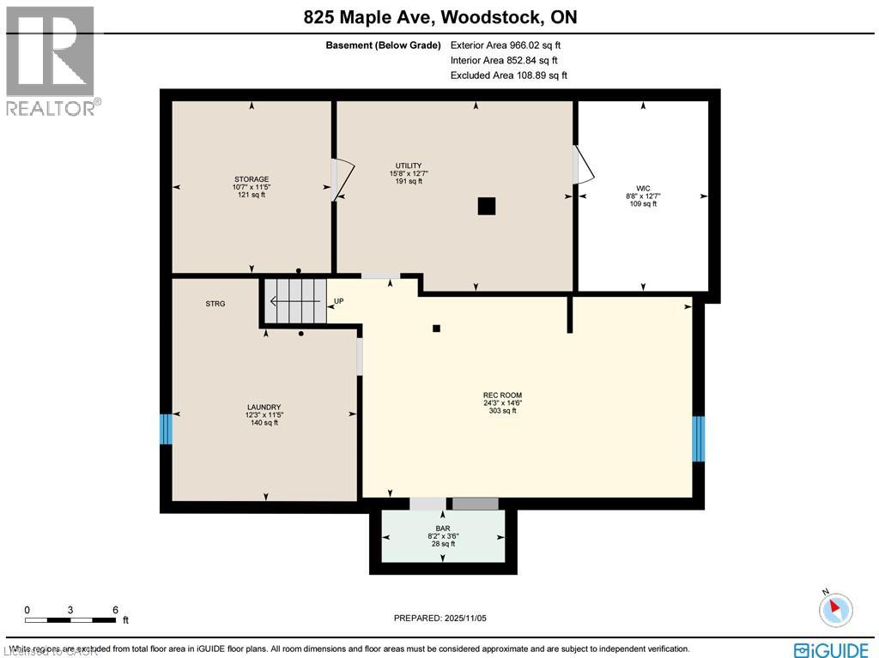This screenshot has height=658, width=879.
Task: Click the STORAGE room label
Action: click(252, 187)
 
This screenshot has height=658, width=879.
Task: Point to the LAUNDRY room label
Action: click(264, 415)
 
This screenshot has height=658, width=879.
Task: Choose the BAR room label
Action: click(443, 536)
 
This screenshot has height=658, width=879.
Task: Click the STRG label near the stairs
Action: click(215, 304)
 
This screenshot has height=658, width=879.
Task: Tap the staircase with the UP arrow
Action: click(294, 301)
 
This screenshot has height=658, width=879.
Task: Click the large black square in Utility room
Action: click(487, 206)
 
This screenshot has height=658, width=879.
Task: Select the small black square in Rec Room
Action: click(436, 328)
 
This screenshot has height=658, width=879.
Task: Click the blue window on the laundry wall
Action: click(166, 429)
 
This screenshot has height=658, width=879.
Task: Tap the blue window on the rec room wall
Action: click(698, 438)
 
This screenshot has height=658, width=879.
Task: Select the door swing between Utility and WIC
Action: click(583, 165)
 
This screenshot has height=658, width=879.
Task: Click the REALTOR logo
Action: click(52, 60)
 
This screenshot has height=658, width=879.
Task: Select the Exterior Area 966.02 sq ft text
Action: click(506, 45)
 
